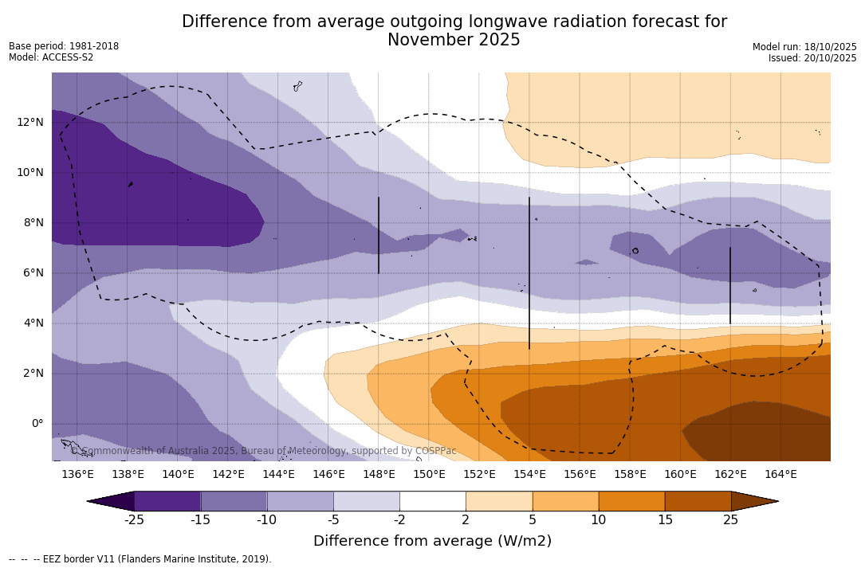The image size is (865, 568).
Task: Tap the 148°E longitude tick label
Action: (379, 474)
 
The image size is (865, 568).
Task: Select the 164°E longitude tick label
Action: (780, 474)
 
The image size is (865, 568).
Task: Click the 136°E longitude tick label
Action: (77, 474)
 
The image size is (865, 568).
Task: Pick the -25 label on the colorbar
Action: (134, 520)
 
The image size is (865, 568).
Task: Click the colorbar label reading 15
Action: (664, 520)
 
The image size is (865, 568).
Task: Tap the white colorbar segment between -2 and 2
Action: (432, 501)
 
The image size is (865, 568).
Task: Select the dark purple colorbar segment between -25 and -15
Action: (167, 501)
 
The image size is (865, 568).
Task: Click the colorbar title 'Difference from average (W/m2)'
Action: (432, 541)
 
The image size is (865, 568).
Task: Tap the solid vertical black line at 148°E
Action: (379, 235)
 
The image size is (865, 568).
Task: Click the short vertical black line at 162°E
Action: (729, 285)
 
